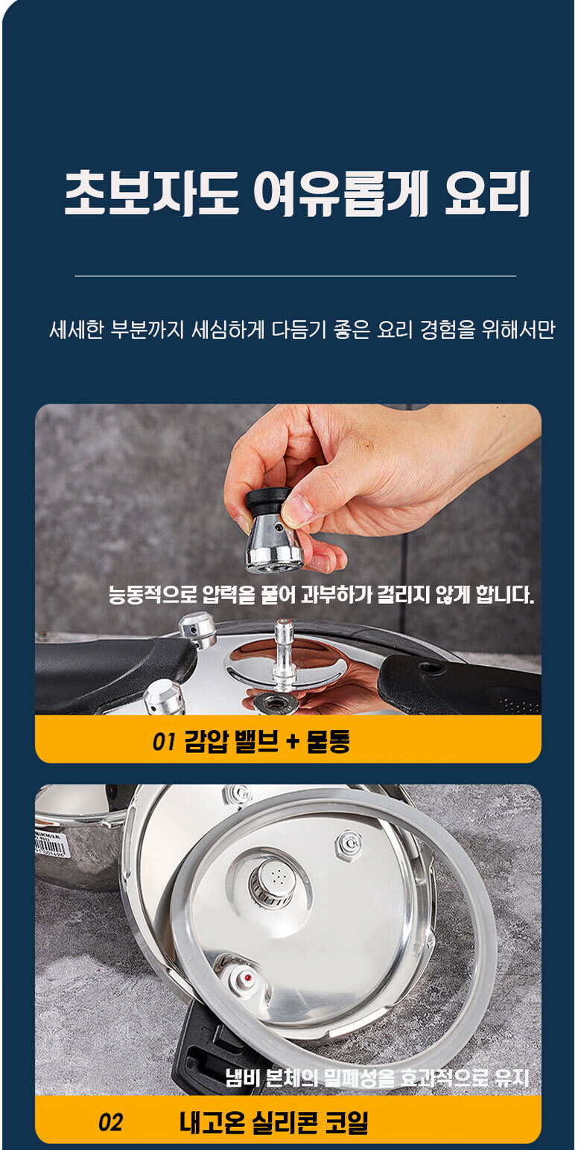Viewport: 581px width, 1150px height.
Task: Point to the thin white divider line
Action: point(295,276)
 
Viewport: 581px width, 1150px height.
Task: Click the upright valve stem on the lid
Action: point(284,654)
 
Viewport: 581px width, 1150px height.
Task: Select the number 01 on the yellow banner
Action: point(164,741)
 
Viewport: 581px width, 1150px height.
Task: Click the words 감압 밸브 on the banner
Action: point(232,741)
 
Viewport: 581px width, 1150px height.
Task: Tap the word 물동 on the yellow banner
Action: point(328,741)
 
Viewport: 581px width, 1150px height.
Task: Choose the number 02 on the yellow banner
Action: point(110,1122)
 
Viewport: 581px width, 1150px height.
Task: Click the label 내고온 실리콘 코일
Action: point(274,1122)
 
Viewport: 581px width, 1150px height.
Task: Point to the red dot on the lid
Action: point(248,977)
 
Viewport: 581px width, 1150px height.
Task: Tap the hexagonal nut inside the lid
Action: point(350,843)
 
